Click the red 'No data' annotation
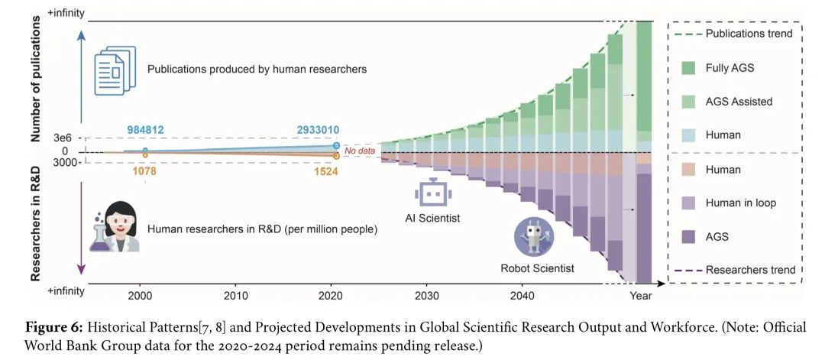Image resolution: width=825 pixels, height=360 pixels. point(361,151)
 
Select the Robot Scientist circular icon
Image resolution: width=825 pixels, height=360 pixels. point(533,236)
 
